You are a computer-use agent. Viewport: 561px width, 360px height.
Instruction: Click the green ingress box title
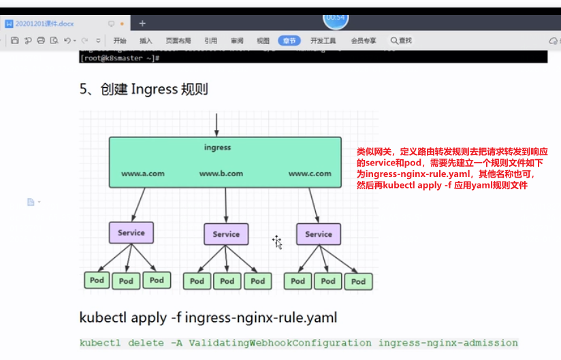pos(217,147)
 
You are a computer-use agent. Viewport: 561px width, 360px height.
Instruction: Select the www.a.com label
pos(143,174)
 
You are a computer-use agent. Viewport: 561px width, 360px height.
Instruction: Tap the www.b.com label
pos(221,174)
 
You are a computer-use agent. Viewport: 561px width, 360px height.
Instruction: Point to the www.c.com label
pos(310,174)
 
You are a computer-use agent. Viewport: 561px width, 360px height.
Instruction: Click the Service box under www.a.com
pos(131,233)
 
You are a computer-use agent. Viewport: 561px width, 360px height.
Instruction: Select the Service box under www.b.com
pos(226,234)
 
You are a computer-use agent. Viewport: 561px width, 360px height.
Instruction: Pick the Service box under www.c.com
pos(319,234)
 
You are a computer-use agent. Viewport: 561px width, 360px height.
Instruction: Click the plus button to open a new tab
pos(142,23)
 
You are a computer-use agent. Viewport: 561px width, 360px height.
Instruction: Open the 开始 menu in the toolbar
pos(120,41)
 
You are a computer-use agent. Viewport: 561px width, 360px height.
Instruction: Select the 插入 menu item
pos(146,41)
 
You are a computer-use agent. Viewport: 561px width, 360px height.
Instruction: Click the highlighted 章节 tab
pos(289,41)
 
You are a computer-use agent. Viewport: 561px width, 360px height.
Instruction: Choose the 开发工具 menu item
pos(323,41)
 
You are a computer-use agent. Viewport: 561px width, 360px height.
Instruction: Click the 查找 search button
pos(402,41)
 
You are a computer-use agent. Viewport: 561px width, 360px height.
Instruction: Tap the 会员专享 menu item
pos(364,41)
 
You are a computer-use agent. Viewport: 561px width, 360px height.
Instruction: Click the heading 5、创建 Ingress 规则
pos(144,89)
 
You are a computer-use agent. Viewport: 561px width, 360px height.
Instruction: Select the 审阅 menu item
pos(237,41)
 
